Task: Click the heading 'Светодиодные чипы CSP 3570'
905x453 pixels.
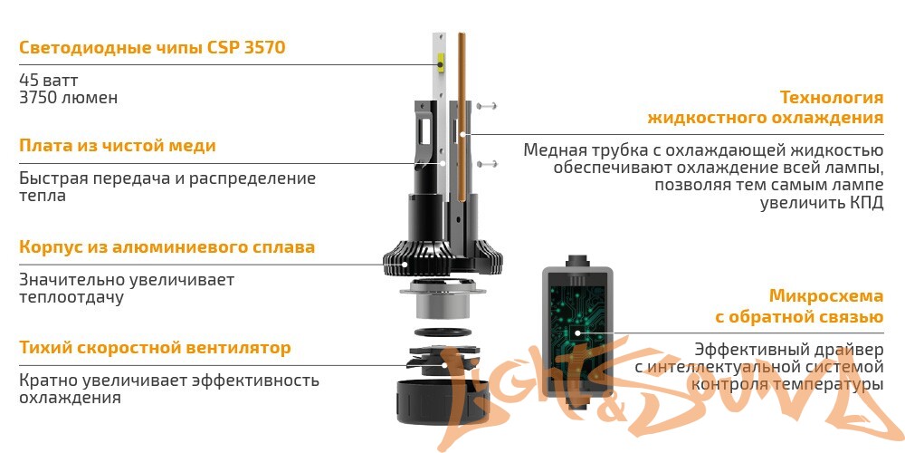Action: coord(152,47)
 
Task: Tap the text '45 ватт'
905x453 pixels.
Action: coord(49,80)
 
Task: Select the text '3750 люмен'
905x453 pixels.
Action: coord(68,98)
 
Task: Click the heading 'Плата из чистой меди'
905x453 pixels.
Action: coord(117,146)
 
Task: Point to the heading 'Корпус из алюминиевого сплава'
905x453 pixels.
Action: coord(167,247)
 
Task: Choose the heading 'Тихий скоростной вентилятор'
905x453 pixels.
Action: coord(155,348)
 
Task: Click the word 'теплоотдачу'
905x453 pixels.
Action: coord(71,297)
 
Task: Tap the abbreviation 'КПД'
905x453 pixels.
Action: coord(866,203)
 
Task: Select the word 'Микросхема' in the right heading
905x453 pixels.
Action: coord(826,296)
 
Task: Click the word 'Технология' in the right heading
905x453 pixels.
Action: coord(831,97)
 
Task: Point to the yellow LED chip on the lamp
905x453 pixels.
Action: coord(441,62)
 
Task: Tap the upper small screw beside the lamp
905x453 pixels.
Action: coord(487,106)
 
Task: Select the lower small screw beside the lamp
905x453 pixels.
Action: coord(487,164)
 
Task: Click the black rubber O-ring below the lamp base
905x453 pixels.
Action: coord(443,333)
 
